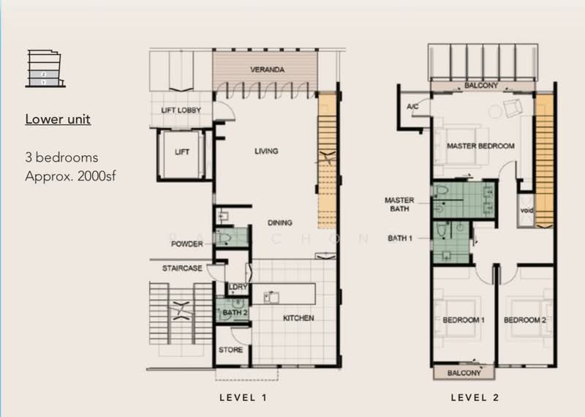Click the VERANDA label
click(267, 69)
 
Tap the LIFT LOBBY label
click(181, 110)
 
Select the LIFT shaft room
click(181, 154)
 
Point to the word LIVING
click(266, 151)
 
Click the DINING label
click(280, 222)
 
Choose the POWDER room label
click(187, 244)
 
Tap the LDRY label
click(238, 287)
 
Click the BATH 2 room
click(233, 310)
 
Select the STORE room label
click(230, 350)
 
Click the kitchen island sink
click(271, 298)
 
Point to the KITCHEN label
click(298, 318)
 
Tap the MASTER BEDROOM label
click(480, 146)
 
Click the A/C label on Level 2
click(412, 107)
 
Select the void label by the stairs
click(526, 211)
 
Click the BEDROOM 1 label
click(464, 320)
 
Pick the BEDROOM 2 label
click(525, 320)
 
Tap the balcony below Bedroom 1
click(464, 372)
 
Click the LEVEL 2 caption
click(475, 397)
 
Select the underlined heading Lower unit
click(58, 119)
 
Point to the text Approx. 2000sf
click(70, 176)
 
